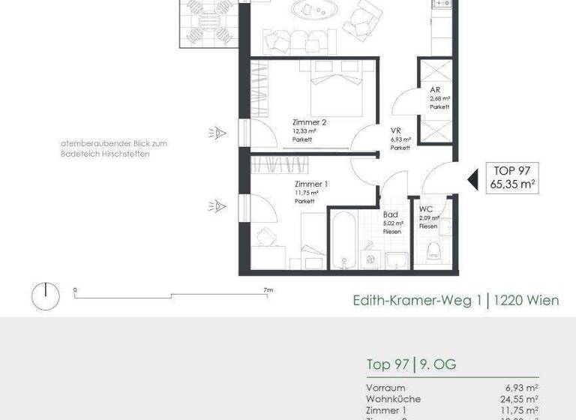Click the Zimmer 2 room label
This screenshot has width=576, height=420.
(x=309, y=122)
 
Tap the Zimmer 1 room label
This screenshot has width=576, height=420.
(x=310, y=184)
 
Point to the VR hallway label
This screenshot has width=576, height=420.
(x=396, y=130)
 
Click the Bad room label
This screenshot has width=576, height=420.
(x=390, y=214)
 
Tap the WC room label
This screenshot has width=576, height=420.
(x=426, y=209)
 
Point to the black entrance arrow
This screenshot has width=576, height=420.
(x=472, y=179)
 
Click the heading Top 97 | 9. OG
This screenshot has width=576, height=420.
(x=411, y=365)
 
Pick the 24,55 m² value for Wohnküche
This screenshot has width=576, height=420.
(x=521, y=399)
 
